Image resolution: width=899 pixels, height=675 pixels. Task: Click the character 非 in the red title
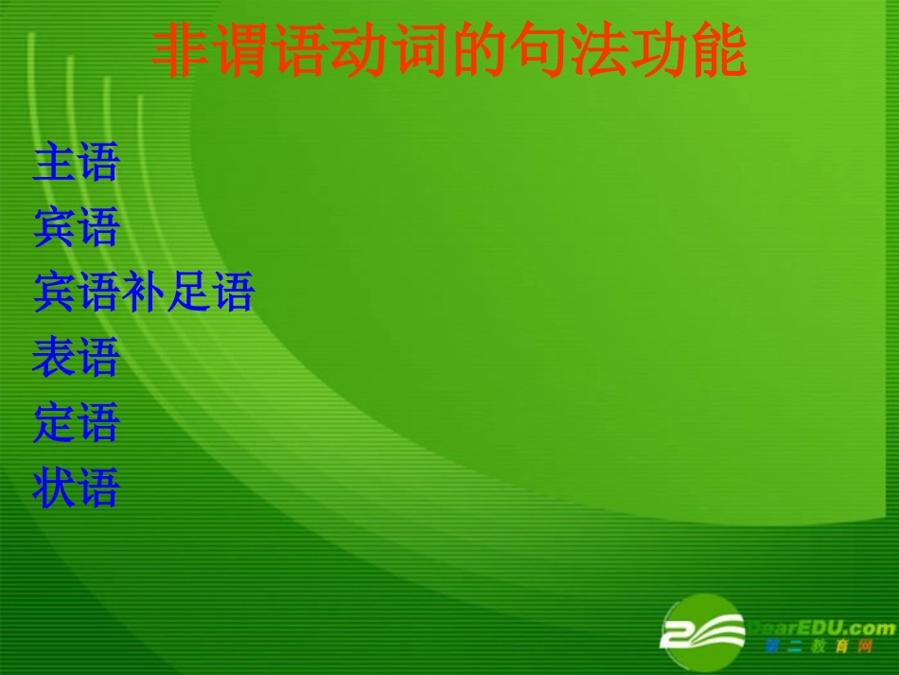(181, 52)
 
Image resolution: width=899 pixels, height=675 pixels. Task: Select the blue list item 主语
(76, 162)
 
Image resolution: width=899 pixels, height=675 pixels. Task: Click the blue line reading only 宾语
(76, 227)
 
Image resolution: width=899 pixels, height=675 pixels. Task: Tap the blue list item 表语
(76, 358)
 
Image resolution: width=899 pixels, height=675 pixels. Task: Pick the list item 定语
(76, 422)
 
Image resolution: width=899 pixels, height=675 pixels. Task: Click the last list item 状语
(76, 488)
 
